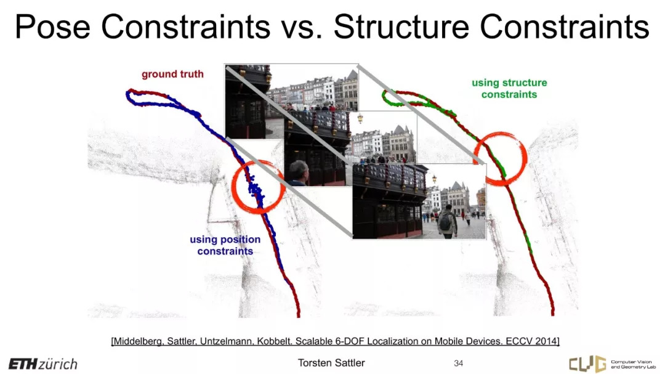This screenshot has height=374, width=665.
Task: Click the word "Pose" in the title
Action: (52, 26)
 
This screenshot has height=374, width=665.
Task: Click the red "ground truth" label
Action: (172, 75)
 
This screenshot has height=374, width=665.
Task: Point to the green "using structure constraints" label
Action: (509, 88)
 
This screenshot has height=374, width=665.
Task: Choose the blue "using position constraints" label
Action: (225, 245)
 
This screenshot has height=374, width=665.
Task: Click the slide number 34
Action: (459, 363)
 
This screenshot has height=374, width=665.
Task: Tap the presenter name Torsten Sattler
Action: (331, 363)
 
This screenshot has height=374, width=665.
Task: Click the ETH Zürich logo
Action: (43, 364)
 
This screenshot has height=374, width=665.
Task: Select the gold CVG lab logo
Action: (588, 364)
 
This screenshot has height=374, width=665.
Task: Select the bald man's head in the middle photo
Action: (299, 171)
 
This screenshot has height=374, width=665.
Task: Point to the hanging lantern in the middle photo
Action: (360, 118)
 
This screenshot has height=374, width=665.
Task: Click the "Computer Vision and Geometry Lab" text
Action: (633, 364)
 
